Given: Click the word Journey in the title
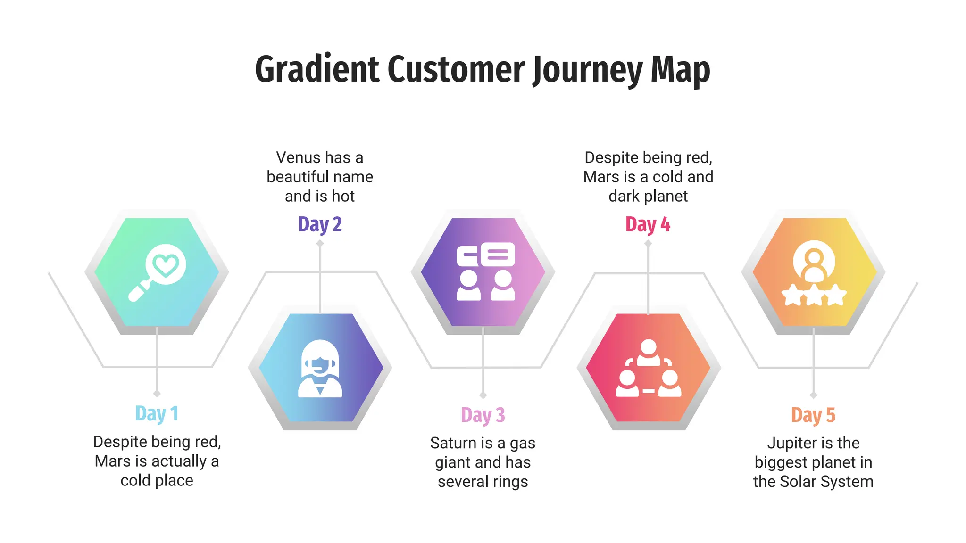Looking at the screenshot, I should click(587, 70).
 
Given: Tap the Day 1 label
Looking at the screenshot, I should click(157, 413).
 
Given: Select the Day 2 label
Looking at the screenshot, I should click(320, 224).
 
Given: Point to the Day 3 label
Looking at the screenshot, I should click(483, 415).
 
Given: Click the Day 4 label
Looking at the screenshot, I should click(648, 224).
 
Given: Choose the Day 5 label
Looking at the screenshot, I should click(813, 415).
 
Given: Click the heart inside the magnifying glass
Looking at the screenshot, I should click(166, 265).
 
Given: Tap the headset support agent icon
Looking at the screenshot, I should click(320, 369).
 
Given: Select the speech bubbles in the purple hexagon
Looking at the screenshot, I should click(486, 255).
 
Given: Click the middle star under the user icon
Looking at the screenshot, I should click(814, 295).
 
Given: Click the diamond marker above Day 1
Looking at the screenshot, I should click(157, 394).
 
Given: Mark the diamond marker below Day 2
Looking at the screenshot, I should click(320, 243).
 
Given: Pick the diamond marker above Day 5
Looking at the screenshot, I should click(813, 395).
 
